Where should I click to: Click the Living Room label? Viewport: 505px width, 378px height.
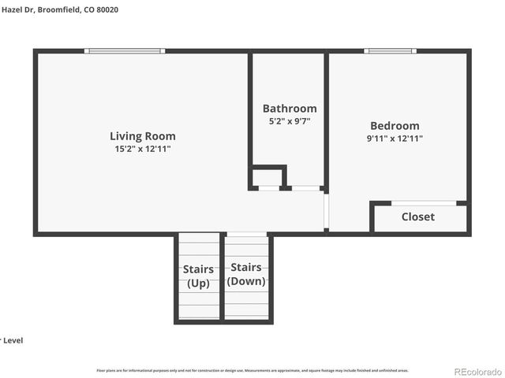pyautogui.click(x=142, y=136)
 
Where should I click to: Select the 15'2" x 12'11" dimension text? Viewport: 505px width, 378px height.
pyautogui.click(x=142, y=148)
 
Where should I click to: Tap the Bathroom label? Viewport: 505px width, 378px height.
pyautogui.click(x=290, y=109)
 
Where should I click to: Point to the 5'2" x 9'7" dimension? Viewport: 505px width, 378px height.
pyautogui.click(x=290, y=121)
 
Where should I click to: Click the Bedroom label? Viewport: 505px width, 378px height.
pyautogui.click(x=395, y=126)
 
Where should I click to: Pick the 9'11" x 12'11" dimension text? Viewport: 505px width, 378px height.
pyautogui.click(x=395, y=139)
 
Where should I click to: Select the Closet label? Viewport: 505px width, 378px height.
pyautogui.click(x=417, y=217)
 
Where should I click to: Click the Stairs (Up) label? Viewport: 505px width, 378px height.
pyautogui.click(x=198, y=276)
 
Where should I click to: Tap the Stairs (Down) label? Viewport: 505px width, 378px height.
pyautogui.click(x=246, y=274)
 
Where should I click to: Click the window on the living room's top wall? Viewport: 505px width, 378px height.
pyautogui.click(x=125, y=51)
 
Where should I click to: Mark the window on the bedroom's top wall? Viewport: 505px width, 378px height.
pyautogui.click(x=390, y=51)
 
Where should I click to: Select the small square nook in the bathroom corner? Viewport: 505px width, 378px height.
pyautogui.click(x=267, y=177)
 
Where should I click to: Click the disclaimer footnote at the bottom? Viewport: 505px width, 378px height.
pyautogui.click(x=252, y=369)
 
